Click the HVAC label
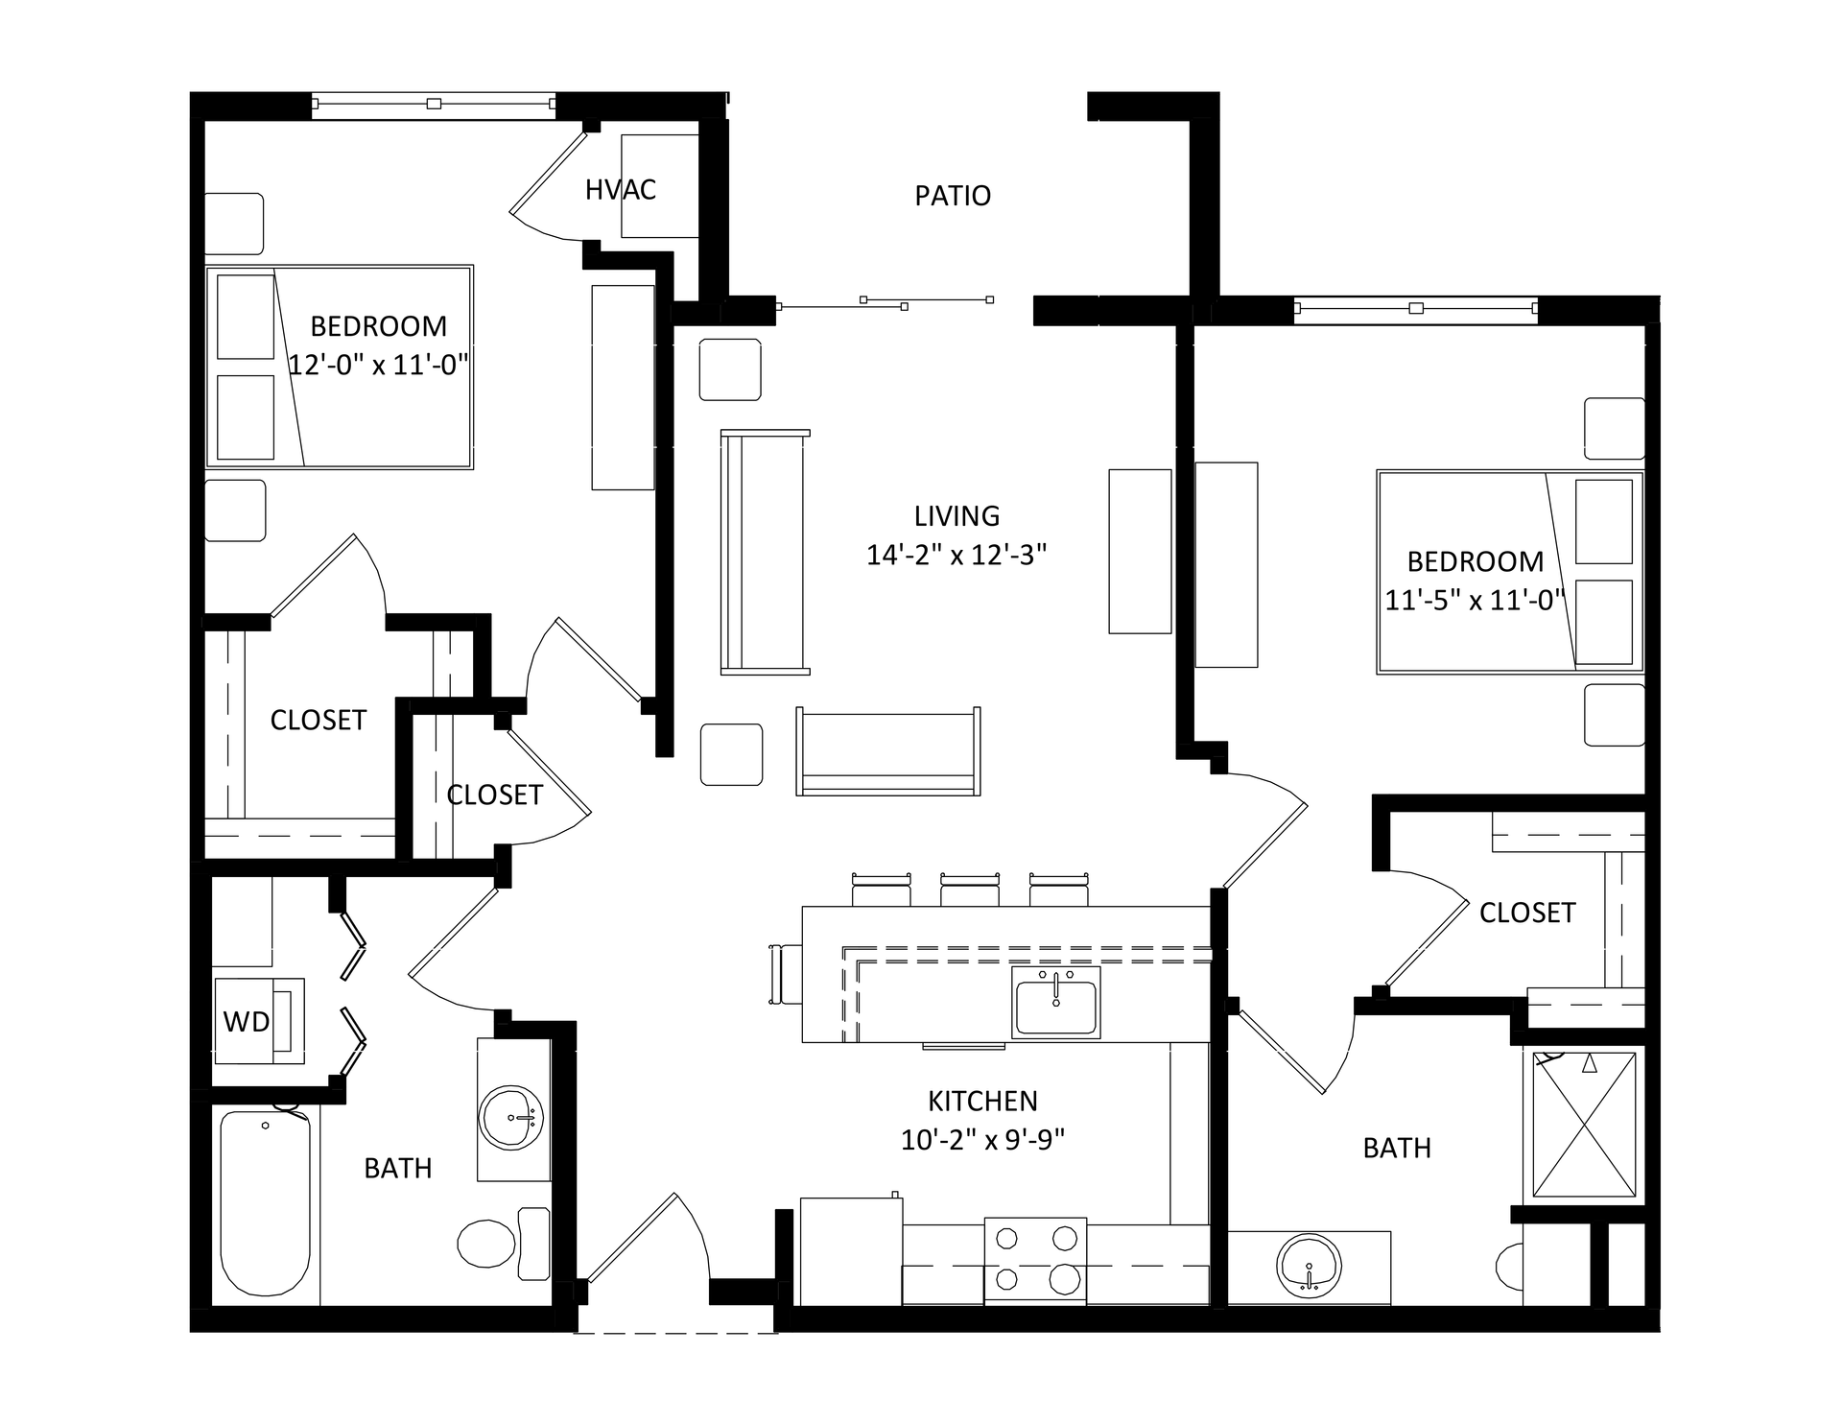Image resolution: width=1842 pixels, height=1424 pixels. point(621,190)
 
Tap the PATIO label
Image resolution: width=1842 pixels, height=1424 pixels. point(953,196)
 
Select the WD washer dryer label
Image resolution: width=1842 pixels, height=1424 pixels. point(247,1022)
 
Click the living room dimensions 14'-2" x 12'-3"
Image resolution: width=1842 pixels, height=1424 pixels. point(956,555)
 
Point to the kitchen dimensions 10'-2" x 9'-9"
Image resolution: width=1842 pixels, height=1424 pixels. point(983,1140)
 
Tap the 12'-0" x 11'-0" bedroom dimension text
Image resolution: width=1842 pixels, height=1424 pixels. point(379,365)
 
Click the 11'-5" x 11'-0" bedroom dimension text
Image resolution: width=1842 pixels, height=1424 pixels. point(1476,600)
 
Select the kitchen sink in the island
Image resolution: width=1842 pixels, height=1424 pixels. point(1055,1002)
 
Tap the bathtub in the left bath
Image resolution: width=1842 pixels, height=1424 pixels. point(266,1203)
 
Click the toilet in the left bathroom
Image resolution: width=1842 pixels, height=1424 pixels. point(504,1244)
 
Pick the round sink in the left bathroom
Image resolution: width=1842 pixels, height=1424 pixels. point(513,1118)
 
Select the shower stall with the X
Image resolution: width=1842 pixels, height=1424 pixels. point(1584,1125)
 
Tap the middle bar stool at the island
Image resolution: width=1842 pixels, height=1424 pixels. point(970,890)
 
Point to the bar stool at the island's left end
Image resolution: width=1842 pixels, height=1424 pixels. point(786,974)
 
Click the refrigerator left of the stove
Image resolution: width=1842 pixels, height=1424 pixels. point(851,1251)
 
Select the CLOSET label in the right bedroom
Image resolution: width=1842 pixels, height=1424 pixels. point(1527,913)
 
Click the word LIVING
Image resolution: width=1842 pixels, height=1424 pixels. point(956,516)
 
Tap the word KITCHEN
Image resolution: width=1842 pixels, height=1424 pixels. point(983,1101)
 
